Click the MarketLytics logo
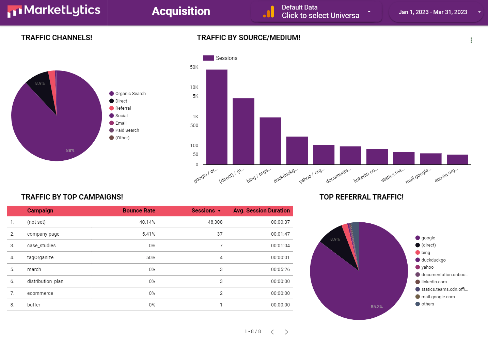pos(54,11)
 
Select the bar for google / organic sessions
pos(217,117)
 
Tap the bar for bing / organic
pos(270,141)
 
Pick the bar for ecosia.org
pos(457,160)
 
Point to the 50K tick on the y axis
pos(194,67)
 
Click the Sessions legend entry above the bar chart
pos(220,58)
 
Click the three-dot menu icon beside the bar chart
pos(471,40)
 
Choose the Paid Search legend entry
pos(127,130)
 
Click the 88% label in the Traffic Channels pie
pos(70,151)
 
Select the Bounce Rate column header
pos(139,211)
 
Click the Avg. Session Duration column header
pos(261,211)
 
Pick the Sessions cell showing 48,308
pos(215,222)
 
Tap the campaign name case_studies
pos(41,246)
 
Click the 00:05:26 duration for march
pos(280,270)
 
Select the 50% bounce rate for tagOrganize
pos(151,258)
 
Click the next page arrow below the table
pos(286,332)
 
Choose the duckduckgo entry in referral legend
pos(433,260)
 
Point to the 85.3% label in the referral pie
pos(377,307)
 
